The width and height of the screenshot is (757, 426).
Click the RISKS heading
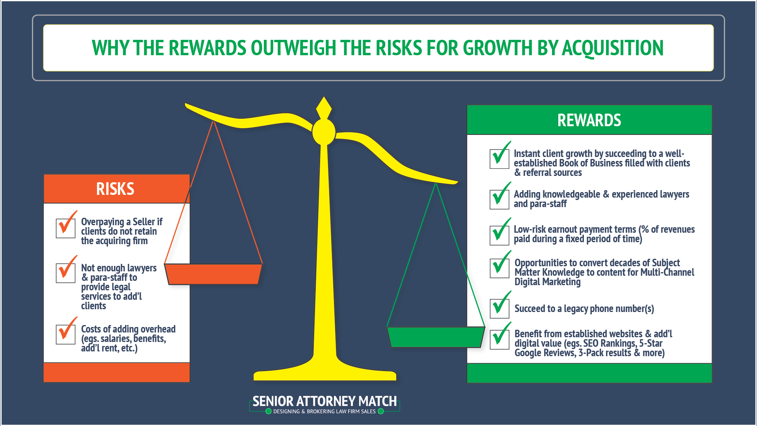(115, 189)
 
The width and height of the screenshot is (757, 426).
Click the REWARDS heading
(589, 120)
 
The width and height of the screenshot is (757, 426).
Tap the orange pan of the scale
(213, 274)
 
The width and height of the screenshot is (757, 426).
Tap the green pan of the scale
(435, 337)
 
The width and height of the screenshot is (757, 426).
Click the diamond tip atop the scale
(324, 107)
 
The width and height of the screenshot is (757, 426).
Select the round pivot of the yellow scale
(324, 132)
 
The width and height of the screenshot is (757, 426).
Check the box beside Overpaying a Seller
(65, 228)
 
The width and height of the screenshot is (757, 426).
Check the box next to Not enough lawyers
(65, 273)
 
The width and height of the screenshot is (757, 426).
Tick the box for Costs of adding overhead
(65, 334)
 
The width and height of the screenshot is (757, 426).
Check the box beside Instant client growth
(499, 159)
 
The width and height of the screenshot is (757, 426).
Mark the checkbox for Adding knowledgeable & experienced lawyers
(499, 199)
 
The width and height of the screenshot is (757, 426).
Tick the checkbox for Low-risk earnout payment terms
(499, 235)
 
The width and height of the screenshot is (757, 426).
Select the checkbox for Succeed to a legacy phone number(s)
(500, 308)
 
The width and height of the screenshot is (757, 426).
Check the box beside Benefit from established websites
(500, 340)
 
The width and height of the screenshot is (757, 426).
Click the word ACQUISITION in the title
(613, 48)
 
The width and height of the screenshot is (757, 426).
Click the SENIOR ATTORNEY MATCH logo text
(324, 401)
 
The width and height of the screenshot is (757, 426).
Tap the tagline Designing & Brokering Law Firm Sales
(324, 411)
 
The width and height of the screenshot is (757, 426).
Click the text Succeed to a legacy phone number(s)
(584, 308)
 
